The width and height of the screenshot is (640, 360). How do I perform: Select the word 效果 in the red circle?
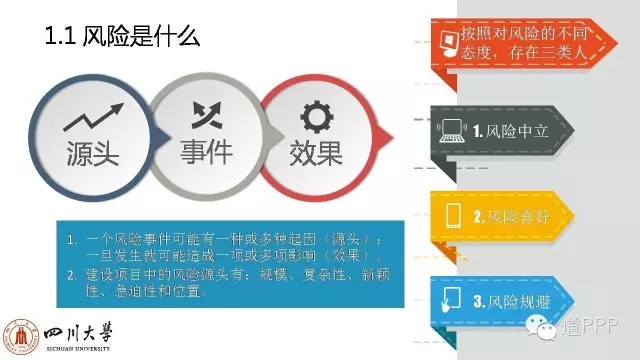point(315,153)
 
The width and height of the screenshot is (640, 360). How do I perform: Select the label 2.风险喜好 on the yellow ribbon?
point(509,215)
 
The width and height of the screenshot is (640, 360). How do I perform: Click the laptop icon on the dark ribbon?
point(452,130)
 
